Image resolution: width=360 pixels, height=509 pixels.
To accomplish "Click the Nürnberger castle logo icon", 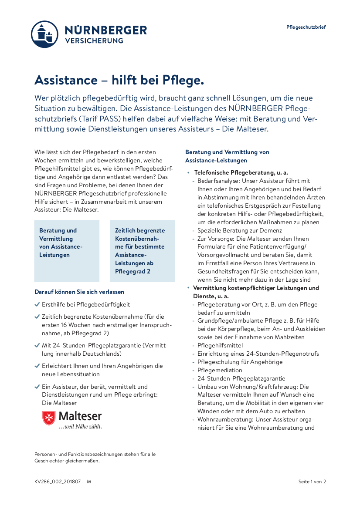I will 44,34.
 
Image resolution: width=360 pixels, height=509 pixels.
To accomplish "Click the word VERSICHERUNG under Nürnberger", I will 94,41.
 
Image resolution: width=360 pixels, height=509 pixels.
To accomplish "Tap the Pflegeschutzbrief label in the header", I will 306,27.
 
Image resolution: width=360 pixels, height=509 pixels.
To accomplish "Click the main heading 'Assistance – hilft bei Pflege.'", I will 119,80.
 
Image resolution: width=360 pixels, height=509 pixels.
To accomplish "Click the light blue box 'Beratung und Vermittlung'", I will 67,250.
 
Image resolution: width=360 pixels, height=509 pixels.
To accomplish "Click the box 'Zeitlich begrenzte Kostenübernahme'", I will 142,250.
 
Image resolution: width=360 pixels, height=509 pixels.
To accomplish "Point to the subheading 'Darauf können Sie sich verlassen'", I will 79,292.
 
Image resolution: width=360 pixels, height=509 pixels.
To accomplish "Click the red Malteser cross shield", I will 48,418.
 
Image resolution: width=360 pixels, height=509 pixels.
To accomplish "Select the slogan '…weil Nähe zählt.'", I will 80,427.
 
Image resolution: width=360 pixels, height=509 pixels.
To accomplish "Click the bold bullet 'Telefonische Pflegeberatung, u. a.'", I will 241,173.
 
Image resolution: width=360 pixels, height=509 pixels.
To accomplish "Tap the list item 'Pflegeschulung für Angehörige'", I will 240,362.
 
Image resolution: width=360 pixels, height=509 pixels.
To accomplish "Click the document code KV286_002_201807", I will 58,482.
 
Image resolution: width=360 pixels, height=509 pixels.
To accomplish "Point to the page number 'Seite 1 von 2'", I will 312,482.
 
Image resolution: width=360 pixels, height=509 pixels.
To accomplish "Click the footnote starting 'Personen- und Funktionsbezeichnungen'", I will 95,457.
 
